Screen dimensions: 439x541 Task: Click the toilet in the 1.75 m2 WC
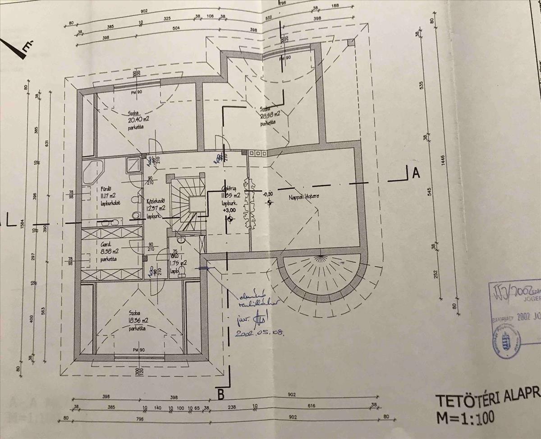pos(182,270)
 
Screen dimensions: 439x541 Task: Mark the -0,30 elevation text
pos(268,194)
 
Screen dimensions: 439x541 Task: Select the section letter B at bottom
pos(220,394)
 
